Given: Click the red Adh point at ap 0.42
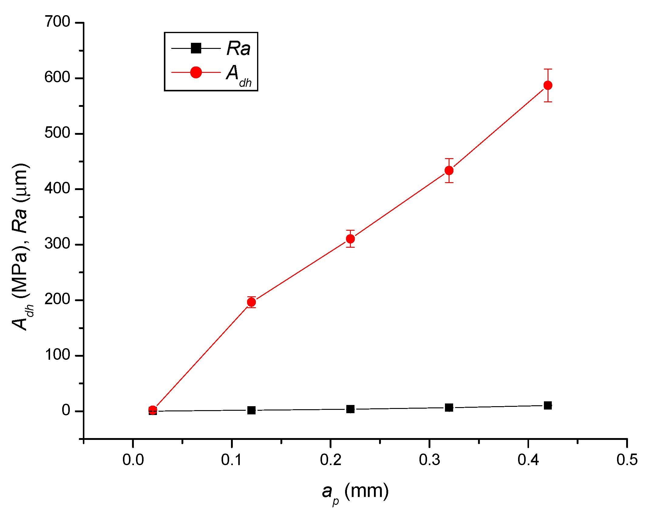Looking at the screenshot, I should pos(548,85).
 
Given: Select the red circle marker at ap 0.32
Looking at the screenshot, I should pos(449,171).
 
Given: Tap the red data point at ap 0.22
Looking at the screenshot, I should pos(350,239).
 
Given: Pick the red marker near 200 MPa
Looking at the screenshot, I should pos(251,302).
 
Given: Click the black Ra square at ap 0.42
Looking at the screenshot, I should pos(548,405).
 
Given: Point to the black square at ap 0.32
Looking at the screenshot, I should pos(449,407).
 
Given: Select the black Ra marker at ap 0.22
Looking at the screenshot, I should pos(350,409).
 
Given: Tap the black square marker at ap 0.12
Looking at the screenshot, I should pos(251,410).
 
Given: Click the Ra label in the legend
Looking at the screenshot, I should pos(239,48).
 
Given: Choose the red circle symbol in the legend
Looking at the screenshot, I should pos(196,73).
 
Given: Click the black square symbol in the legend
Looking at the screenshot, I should pos(196,48).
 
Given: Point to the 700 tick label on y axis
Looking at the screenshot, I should pos(57,22).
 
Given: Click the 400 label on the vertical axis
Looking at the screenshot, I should pos(57,189).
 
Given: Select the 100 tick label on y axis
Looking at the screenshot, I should pos(57,355).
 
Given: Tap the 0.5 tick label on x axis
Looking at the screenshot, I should pos(627,460).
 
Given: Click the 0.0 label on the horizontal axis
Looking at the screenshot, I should pos(133,460).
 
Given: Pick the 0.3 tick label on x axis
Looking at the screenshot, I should pos(429,460).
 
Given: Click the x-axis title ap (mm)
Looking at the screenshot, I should pos(355,492).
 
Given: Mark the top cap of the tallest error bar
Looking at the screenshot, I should pos(548,69).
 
